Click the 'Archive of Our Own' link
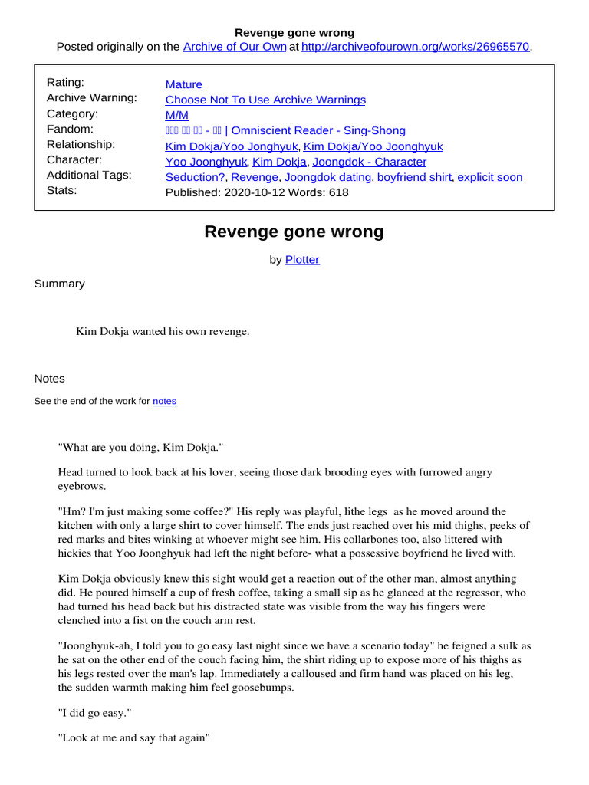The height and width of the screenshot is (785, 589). tap(235, 47)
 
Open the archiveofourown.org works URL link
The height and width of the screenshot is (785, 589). tap(416, 47)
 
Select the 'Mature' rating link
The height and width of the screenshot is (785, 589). tap(184, 84)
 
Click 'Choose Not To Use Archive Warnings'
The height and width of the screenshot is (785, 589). tap(265, 100)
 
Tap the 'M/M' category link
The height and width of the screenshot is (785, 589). tap(177, 115)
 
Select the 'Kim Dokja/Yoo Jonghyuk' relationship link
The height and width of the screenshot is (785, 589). tap(232, 146)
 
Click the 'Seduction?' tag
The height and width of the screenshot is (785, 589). tap(196, 177)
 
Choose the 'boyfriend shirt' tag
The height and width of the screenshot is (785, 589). tap(414, 177)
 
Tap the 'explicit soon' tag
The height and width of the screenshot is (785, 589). tap(490, 177)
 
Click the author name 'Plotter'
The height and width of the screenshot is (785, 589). tap(302, 260)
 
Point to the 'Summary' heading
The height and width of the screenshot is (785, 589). tap(59, 284)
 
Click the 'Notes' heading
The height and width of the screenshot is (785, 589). tap(50, 379)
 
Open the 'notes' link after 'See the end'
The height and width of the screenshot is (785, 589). tap(165, 401)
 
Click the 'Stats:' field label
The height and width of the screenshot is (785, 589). tap(62, 190)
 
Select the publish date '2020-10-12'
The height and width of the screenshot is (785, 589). tap(250, 192)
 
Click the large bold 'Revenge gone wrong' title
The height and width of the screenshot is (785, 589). tap(294, 232)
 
